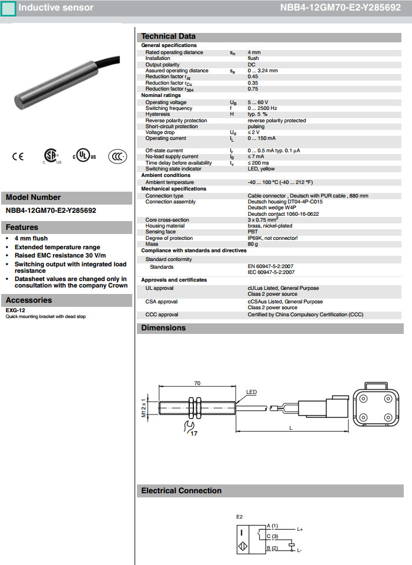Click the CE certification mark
(x=18, y=156)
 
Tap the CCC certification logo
(x=118, y=156)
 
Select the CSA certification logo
(x=51, y=155)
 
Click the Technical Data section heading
(x=168, y=36)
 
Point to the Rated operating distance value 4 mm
(x=254, y=52)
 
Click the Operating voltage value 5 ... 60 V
(x=258, y=102)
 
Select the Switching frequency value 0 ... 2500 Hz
(x=262, y=108)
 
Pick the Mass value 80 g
(x=253, y=243)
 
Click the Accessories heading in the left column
(x=29, y=300)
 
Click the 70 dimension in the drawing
(x=197, y=383)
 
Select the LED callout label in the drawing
(x=251, y=392)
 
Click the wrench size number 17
(x=194, y=433)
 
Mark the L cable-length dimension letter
(x=290, y=427)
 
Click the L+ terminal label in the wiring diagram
(x=300, y=529)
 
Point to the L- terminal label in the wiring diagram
(x=299, y=550)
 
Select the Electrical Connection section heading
(x=181, y=491)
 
